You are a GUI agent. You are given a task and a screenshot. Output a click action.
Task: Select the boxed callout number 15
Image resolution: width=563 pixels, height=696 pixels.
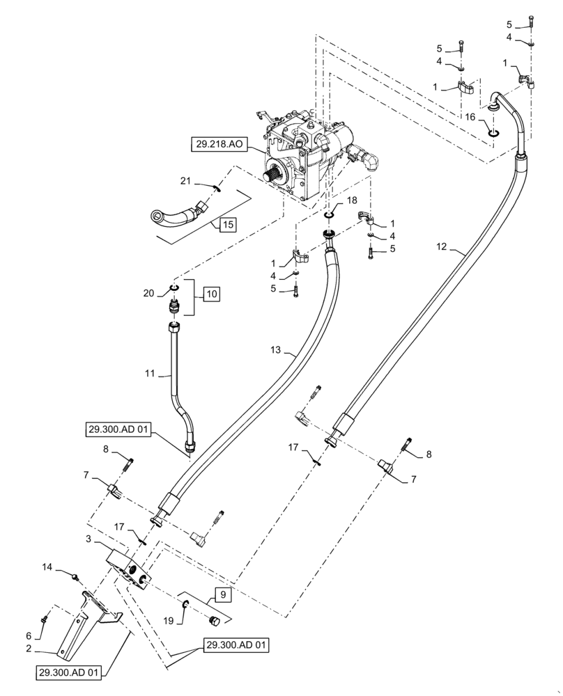coord(226,224)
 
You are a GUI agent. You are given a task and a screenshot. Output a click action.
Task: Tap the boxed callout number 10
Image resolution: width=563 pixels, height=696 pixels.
coord(210,294)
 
